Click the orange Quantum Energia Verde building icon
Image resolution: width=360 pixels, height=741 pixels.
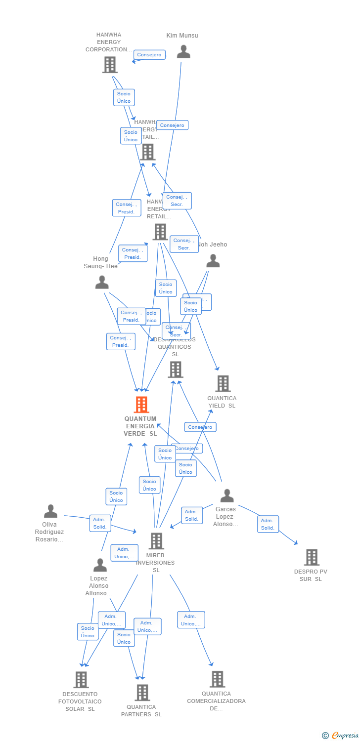(141, 405)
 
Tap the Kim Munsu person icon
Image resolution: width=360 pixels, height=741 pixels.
(183, 52)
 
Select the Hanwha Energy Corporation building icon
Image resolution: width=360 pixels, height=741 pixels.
(110, 65)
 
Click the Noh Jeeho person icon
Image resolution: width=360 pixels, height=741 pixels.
(213, 261)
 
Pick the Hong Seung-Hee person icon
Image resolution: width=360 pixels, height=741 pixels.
(102, 282)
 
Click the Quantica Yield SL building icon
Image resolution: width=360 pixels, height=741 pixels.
(223, 383)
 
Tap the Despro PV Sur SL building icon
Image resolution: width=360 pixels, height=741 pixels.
(312, 557)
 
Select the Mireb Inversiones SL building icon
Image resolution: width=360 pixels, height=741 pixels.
(156, 541)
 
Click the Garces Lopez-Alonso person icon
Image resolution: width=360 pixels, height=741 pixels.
(227, 495)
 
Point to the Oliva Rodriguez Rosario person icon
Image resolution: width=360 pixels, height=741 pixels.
(50, 511)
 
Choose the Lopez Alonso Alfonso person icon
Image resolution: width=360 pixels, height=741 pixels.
(100, 565)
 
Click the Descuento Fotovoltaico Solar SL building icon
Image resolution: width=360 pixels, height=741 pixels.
(81, 680)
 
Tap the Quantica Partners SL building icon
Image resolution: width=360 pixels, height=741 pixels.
(142, 693)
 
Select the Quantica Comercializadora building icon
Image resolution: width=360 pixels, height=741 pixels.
(217, 679)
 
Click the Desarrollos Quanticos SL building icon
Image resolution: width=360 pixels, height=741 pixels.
(175, 370)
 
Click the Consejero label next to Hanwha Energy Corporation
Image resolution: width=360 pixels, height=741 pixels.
(149, 55)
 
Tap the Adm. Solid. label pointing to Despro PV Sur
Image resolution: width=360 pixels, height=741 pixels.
(268, 524)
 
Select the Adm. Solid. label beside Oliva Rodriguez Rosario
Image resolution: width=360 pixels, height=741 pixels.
(100, 523)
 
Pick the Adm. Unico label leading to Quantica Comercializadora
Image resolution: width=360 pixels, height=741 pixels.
(191, 620)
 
